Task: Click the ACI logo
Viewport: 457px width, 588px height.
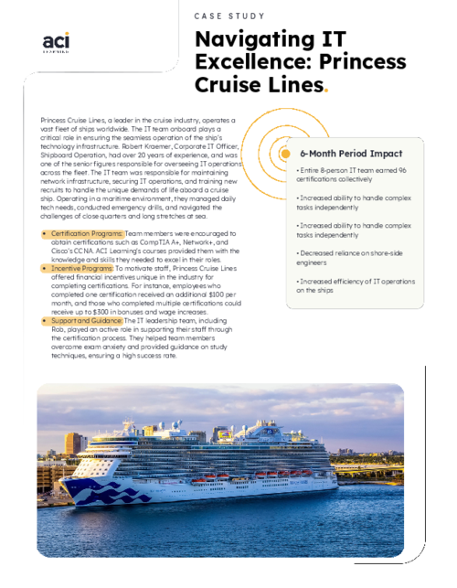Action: click(58, 43)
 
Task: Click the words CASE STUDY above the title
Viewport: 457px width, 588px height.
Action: click(229, 16)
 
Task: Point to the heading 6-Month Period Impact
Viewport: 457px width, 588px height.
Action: click(351, 153)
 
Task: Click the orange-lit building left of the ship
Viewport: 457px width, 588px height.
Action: click(74, 444)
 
